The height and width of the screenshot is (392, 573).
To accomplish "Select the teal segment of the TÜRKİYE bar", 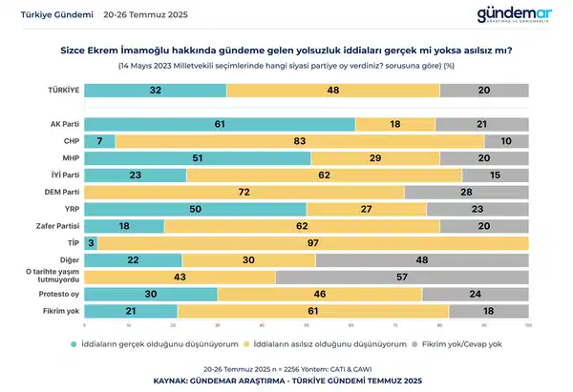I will tap(155, 91).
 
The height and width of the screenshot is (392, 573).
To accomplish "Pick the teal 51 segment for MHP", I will tap(197, 158).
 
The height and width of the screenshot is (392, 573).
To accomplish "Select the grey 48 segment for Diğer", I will tap(422, 260).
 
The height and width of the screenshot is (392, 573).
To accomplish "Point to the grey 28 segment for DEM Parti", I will tap(466, 193).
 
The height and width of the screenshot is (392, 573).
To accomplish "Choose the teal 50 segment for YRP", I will tap(195, 209).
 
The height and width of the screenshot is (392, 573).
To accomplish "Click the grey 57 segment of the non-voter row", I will tap(401, 278).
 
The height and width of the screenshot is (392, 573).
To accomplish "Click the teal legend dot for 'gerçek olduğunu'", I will tap(74, 343).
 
